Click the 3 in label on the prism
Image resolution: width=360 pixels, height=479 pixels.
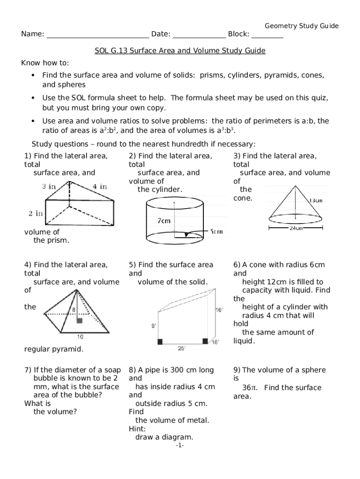(49, 186)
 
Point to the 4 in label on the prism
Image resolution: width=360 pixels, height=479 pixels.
(100, 186)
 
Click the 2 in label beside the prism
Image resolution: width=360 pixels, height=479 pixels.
(36, 213)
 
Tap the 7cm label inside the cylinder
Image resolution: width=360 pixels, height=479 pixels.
(163, 221)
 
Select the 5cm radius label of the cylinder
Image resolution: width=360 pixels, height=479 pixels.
(216, 231)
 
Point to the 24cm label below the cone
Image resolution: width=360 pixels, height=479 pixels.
(296, 228)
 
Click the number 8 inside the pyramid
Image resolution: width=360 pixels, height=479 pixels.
(73, 310)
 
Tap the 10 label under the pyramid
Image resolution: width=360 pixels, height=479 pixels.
(80, 336)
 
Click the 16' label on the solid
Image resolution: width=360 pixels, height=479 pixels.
(219, 310)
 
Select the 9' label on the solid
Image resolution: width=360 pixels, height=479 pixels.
(154, 326)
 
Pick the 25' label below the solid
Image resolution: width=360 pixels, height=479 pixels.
(182, 348)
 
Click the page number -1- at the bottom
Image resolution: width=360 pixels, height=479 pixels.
(180, 446)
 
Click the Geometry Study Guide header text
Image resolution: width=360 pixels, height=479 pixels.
(302, 26)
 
